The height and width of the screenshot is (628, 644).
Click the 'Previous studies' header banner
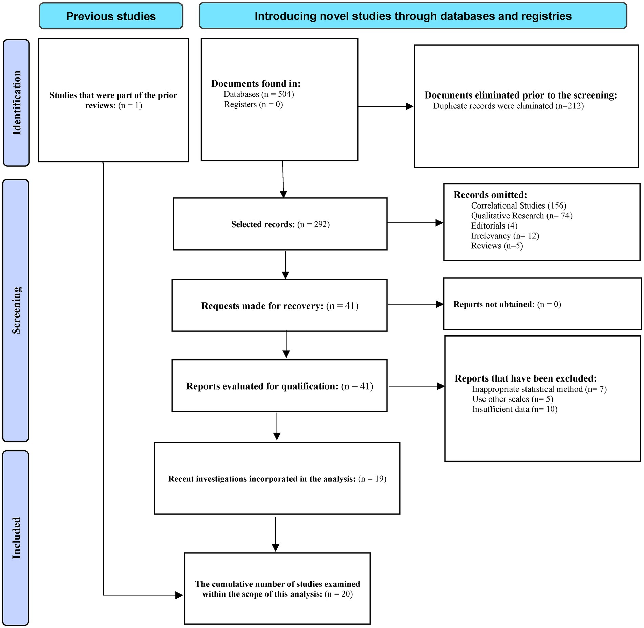click(x=111, y=16)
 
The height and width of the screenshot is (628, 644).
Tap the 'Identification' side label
click(x=16, y=103)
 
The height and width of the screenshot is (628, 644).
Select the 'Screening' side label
click(x=16, y=310)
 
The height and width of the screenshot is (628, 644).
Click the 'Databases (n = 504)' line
click(x=259, y=94)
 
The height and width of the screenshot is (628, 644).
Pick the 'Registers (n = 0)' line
click(x=253, y=104)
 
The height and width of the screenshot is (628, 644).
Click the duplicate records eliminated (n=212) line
click(x=509, y=106)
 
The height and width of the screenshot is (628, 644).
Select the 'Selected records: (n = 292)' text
click(x=280, y=224)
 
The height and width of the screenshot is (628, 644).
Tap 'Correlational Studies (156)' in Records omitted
click(x=519, y=205)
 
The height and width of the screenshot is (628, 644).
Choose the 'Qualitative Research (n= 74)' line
click(x=522, y=216)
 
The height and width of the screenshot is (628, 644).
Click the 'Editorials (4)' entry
click(x=494, y=226)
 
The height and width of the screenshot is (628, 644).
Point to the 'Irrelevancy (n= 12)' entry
click(x=505, y=236)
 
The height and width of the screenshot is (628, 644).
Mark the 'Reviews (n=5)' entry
click(x=497, y=246)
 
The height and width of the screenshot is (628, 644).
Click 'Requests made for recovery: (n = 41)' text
click(x=280, y=306)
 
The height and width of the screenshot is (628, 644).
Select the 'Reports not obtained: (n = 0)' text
click(x=507, y=304)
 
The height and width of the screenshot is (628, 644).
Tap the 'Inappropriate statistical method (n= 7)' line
click(x=539, y=389)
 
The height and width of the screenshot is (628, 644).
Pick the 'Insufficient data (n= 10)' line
click(x=515, y=409)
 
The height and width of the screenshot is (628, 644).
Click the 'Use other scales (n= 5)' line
click(x=513, y=399)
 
